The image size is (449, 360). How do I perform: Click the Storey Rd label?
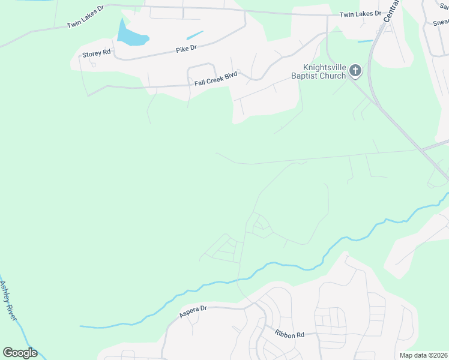(97, 53)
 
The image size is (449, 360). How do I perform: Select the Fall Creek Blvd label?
(216, 79)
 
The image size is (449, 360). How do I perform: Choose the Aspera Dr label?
(193, 310)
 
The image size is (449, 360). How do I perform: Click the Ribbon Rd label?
(290, 334)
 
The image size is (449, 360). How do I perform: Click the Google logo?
(20, 353)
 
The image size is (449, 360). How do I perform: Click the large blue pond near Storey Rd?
(130, 35)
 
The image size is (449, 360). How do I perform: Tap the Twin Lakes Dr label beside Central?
(360, 14)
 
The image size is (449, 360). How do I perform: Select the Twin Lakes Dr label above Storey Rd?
(85, 23)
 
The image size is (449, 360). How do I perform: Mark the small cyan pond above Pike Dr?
(195, 35)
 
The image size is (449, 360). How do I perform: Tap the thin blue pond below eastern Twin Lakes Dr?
(365, 41)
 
